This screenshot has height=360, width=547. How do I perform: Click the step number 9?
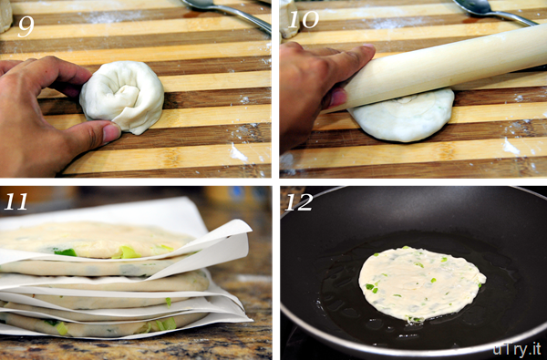pos(26,26)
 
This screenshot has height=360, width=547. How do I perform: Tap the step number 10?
pos(304,19)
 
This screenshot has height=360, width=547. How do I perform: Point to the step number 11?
pos(15,201)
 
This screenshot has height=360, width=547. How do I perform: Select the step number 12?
pos(299,202)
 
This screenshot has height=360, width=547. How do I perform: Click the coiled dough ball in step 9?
pos(122,97)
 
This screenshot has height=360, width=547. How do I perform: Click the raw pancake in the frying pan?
pos(420,284)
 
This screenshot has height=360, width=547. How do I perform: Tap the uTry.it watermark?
pos(517,349)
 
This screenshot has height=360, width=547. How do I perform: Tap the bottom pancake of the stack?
pos(101,324)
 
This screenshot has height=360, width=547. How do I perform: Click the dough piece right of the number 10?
pos(289,19)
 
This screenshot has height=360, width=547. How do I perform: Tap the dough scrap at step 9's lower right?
pos(238,153)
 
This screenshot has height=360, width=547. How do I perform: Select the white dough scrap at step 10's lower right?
pos(511,147)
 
